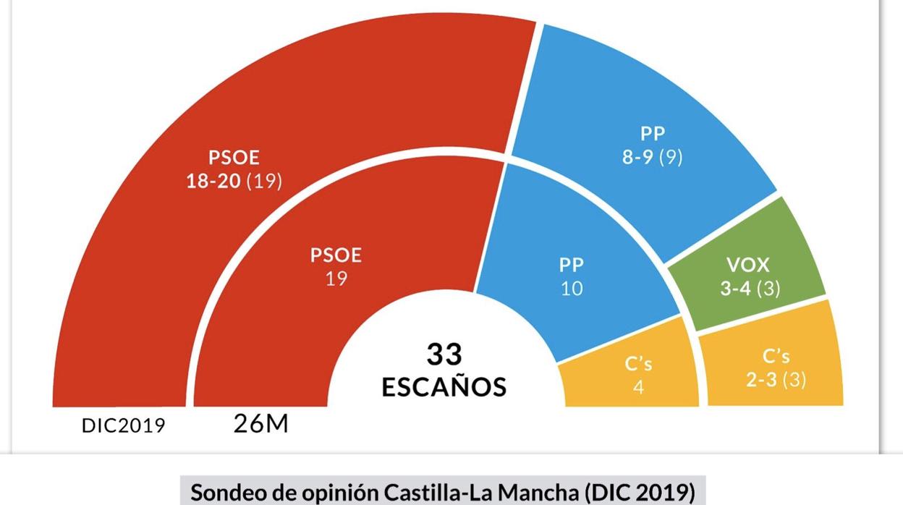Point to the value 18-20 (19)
234,181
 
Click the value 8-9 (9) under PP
653,157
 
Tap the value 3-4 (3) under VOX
750,289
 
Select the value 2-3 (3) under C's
776,380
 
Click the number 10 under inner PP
572,289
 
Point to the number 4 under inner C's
638,387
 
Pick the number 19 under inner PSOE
336,279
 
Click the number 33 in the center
444,355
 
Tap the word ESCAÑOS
444,387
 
